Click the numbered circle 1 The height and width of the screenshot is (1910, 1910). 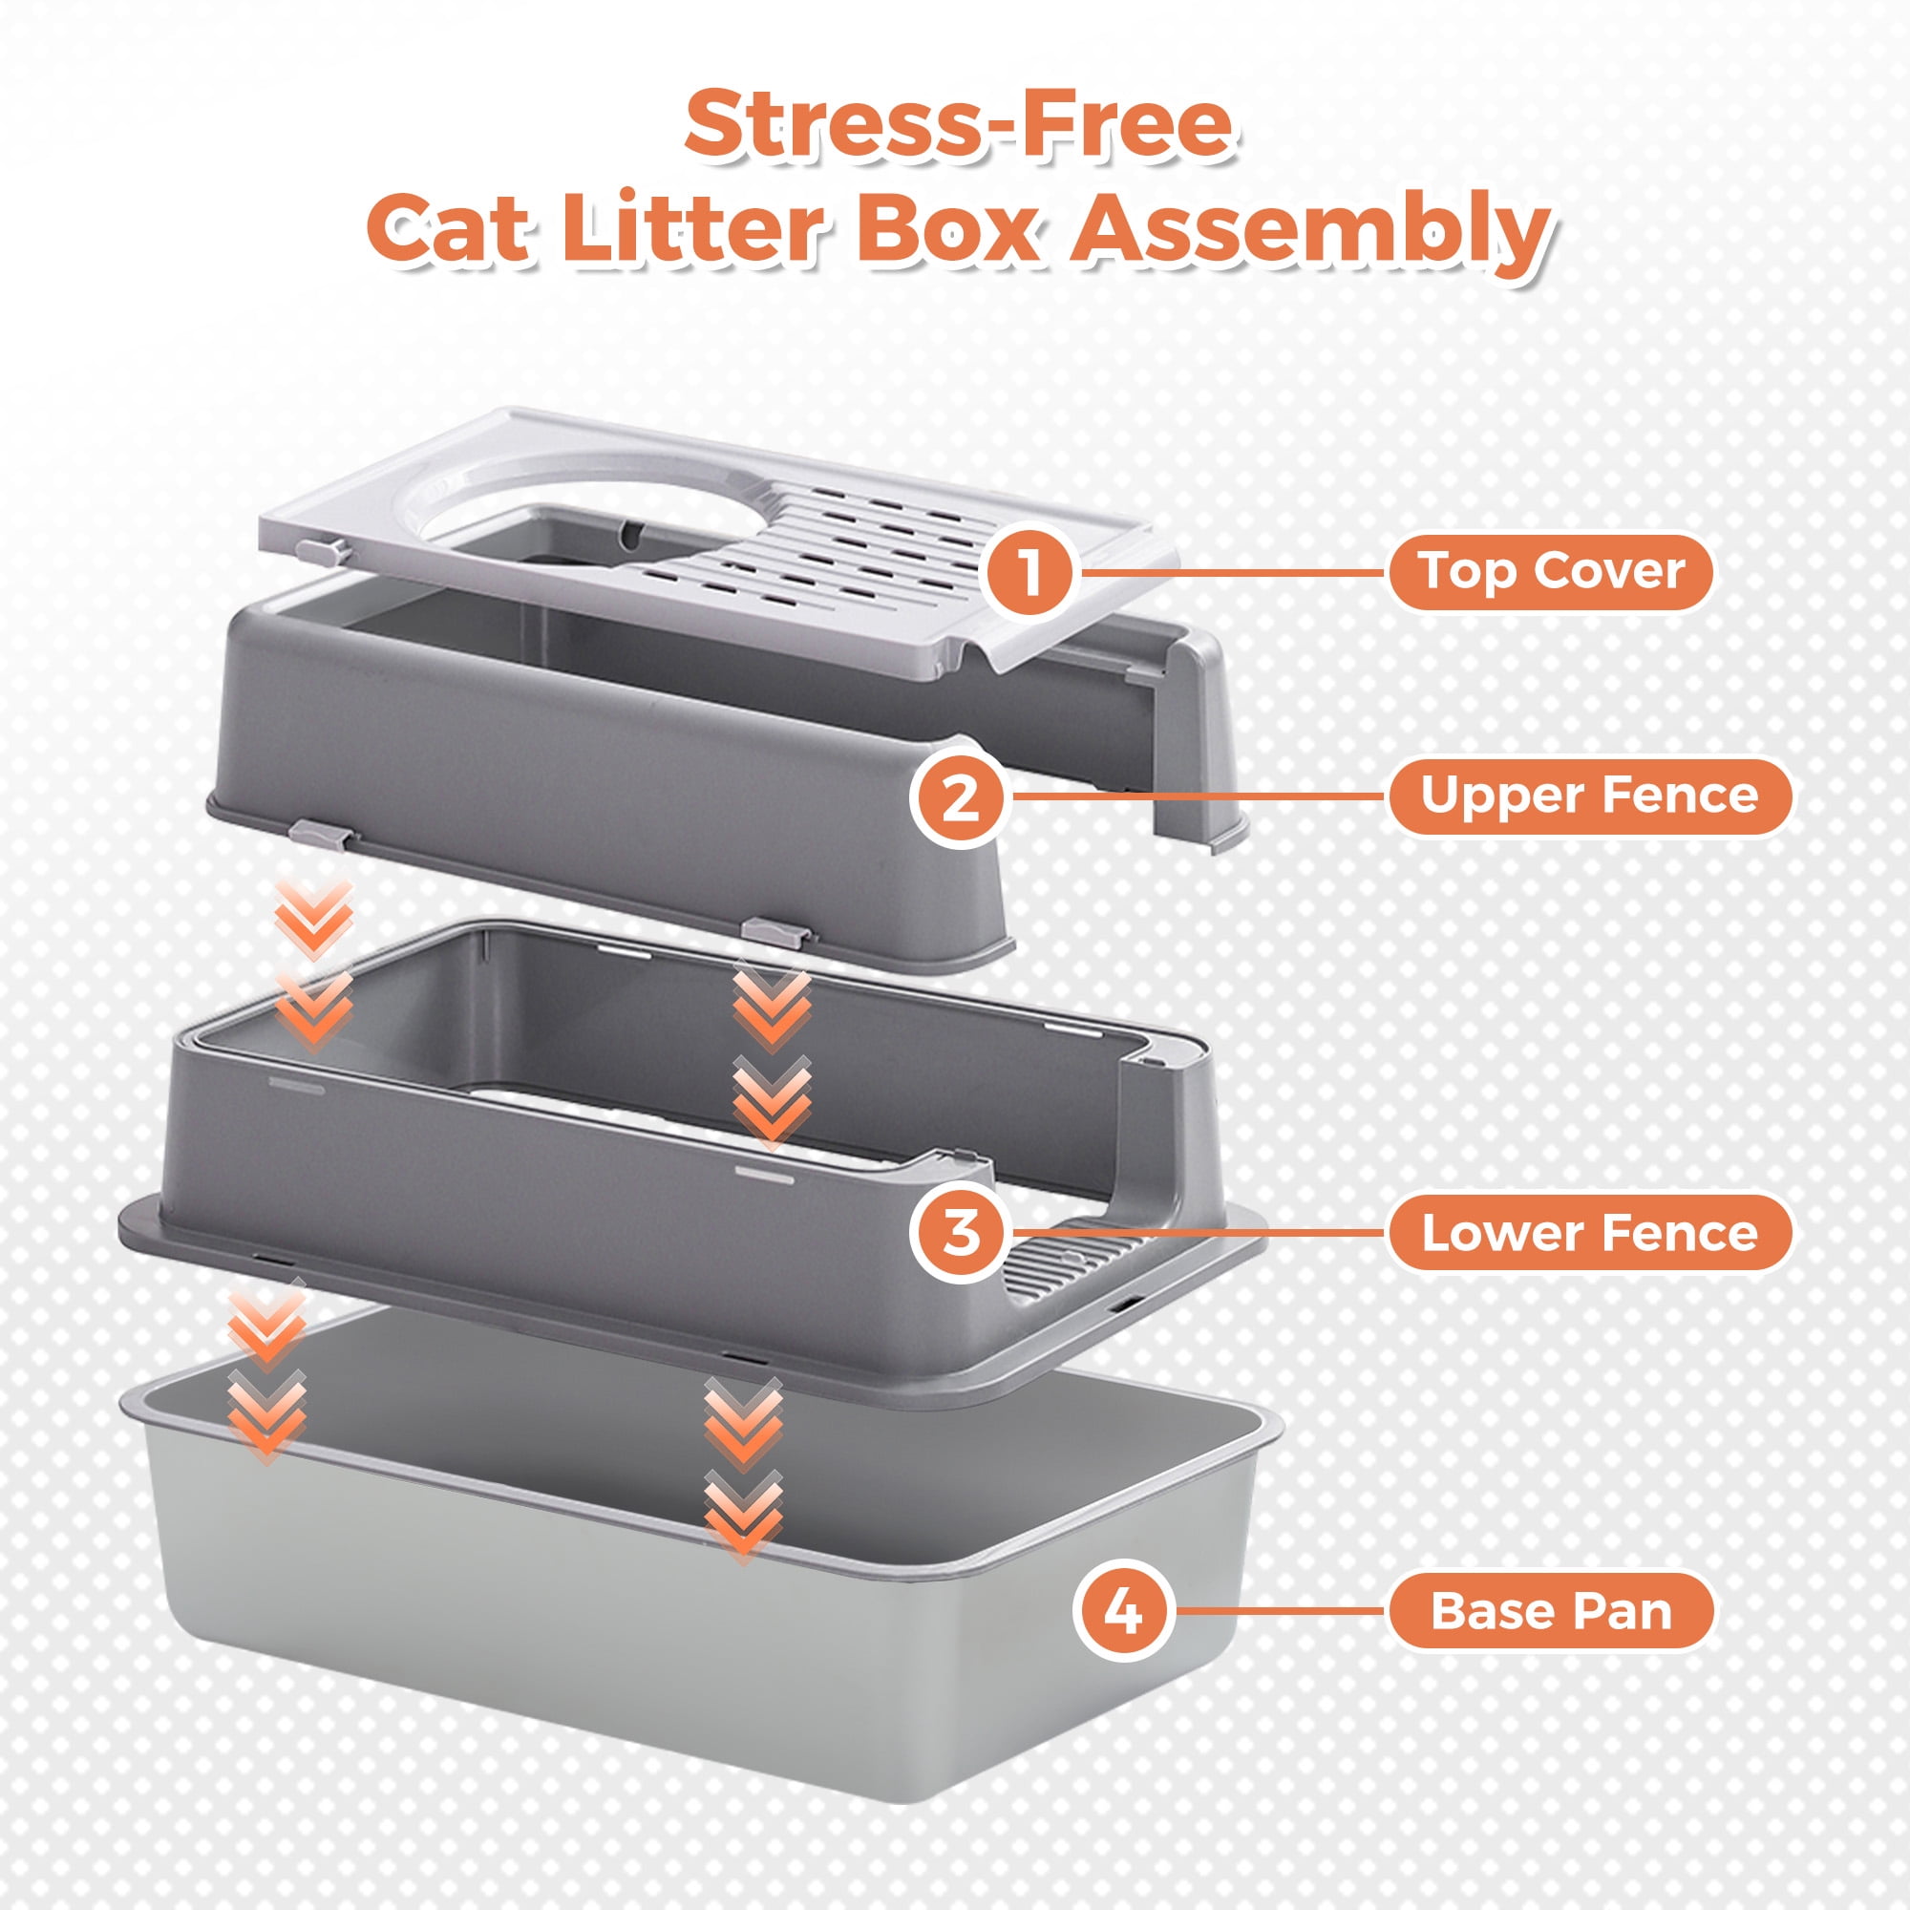(x=1030, y=572)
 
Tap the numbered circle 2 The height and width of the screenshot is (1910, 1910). (x=959, y=796)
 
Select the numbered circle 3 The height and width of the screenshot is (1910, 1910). (x=960, y=1233)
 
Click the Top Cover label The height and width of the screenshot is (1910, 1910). (x=1550, y=572)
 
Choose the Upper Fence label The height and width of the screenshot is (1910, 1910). (x=1590, y=796)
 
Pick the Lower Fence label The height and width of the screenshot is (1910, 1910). (x=1590, y=1233)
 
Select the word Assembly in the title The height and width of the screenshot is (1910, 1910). (x=1312, y=235)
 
